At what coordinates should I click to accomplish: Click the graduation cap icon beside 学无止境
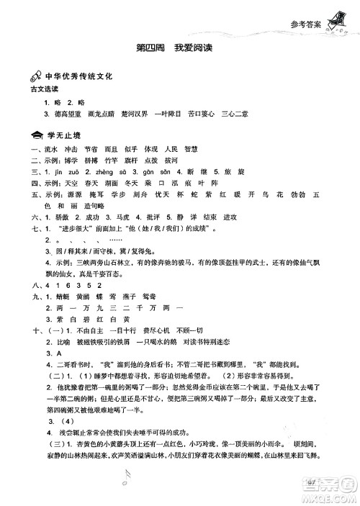tap(36, 135)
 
